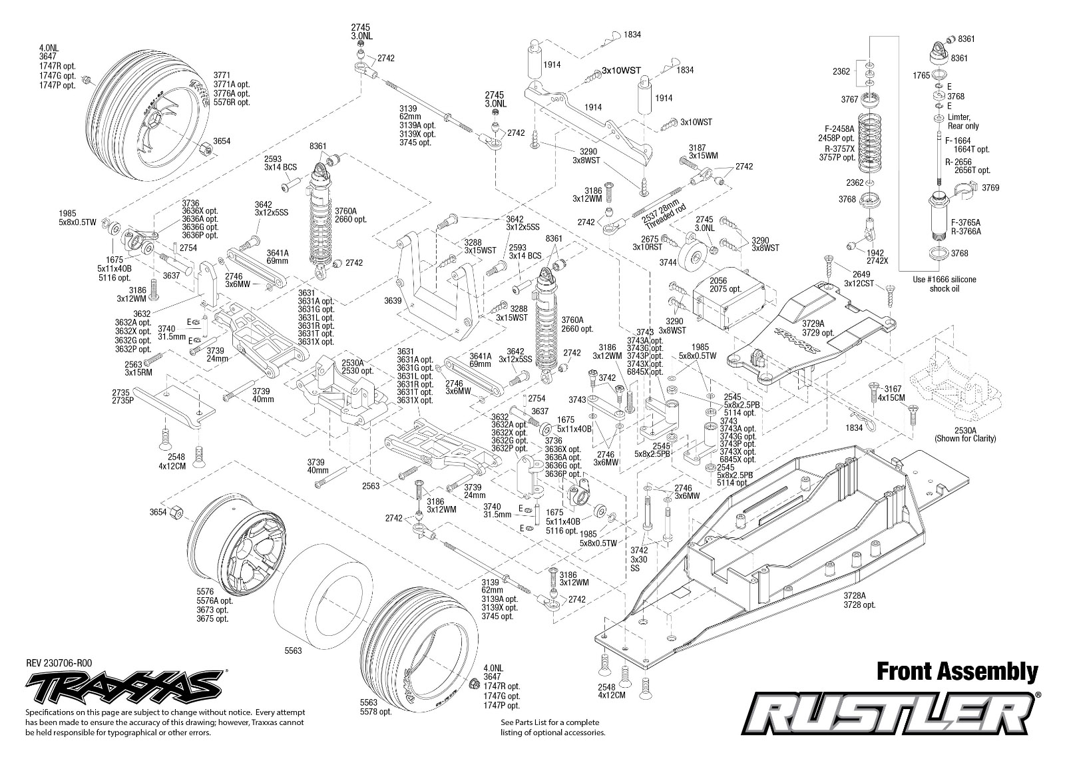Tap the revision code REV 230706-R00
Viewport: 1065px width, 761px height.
click(x=59, y=664)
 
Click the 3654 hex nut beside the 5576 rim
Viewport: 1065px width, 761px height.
click(x=176, y=512)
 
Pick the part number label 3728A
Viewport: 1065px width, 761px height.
click(x=855, y=595)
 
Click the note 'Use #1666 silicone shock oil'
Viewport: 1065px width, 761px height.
click(x=944, y=284)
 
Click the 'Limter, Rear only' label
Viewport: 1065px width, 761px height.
click(x=962, y=121)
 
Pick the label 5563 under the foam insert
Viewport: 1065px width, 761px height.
click(x=293, y=650)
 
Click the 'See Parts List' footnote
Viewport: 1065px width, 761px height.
click(x=553, y=727)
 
